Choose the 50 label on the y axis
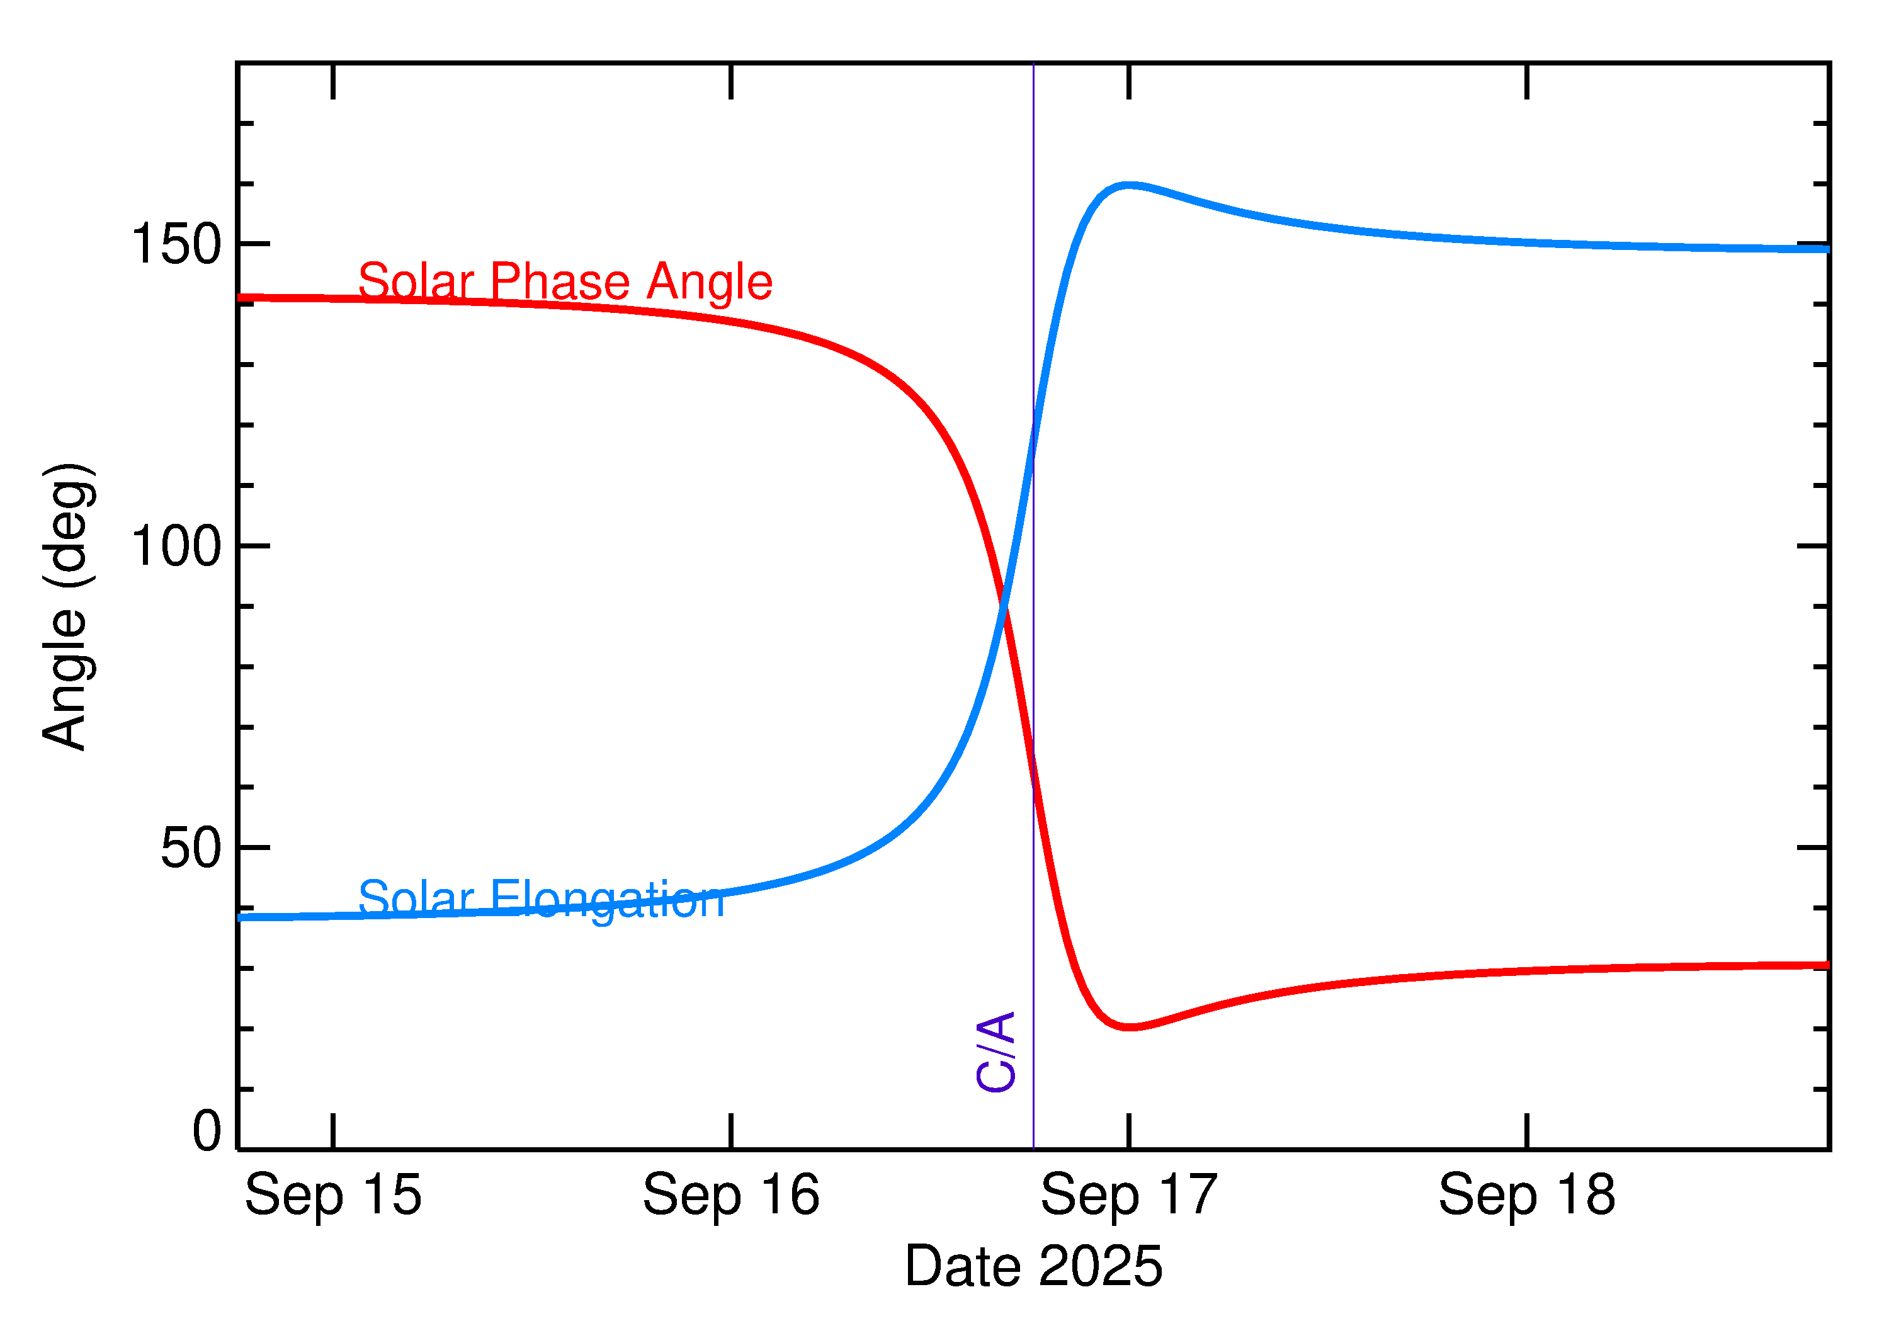click(x=191, y=847)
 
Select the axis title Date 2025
click(x=1033, y=1266)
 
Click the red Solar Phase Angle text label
click(x=565, y=282)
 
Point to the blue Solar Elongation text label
click(x=542, y=899)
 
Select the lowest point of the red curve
click(x=1130, y=1028)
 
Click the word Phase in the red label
click(x=560, y=282)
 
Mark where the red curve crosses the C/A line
click(x=1034, y=787)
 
